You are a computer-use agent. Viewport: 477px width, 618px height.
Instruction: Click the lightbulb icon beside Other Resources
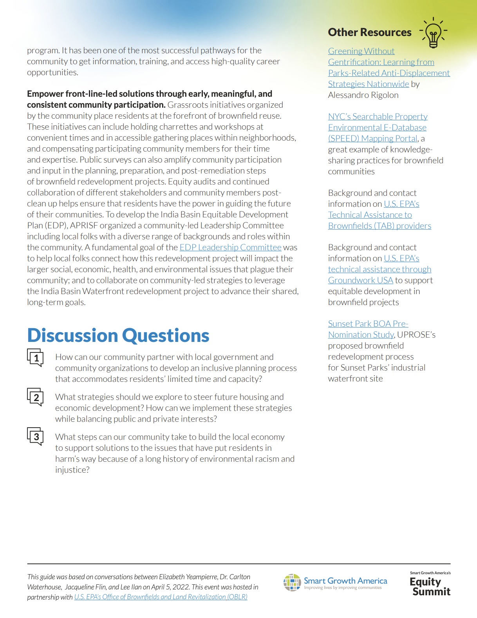433,33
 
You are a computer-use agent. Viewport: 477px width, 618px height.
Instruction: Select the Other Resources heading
369,33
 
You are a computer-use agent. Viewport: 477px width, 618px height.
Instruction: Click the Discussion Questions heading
118,336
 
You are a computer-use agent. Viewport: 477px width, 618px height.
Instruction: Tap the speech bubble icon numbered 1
35,358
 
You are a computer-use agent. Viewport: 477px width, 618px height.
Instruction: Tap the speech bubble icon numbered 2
35,397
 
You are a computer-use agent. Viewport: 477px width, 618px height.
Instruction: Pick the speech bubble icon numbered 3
35,437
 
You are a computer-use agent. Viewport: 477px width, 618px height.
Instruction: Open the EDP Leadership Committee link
230,248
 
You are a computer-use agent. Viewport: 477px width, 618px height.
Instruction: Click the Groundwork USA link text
360,280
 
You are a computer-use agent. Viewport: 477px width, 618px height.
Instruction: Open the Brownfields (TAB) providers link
379,226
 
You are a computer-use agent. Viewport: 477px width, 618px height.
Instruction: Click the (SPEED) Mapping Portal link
372,139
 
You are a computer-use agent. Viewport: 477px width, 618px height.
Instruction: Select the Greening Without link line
361,51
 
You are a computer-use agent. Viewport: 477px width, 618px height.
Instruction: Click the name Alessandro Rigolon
363,95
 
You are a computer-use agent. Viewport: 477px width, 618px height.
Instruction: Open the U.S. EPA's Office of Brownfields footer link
161,597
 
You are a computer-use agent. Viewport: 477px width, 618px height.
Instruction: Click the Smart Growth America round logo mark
292,582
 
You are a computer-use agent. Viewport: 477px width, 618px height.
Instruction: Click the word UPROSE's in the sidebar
416,335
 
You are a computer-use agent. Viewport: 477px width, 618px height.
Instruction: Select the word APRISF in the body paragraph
83,226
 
